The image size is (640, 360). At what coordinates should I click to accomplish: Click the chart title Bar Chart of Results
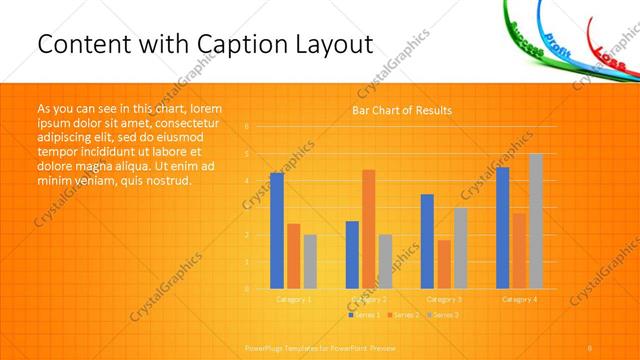pyautogui.click(x=401, y=110)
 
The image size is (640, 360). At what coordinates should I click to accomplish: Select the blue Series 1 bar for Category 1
pyautogui.click(x=277, y=230)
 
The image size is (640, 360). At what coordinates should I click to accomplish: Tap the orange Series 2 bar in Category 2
pyautogui.click(x=369, y=229)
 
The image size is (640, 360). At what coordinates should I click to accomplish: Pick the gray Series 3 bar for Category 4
pyautogui.click(x=536, y=221)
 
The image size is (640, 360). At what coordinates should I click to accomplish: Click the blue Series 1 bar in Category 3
pyautogui.click(x=427, y=241)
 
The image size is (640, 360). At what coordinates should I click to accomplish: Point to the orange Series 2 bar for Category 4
pyautogui.click(x=519, y=250)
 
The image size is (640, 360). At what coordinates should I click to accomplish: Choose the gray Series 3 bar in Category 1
pyautogui.click(x=310, y=261)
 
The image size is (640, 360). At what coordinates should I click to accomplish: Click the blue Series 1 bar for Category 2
pyautogui.click(x=352, y=254)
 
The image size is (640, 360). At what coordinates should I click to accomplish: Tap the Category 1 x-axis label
pyautogui.click(x=294, y=299)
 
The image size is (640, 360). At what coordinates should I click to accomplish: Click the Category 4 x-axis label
pyautogui.click(x=519, y=299)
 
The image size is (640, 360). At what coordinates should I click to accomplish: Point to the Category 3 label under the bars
pyautogui.click(x=444, y=299)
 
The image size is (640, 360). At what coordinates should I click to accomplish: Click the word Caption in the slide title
pyautogui.click(x=235, y=45)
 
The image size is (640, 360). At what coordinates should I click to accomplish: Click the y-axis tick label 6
pyautogui.click(x=247, y=127)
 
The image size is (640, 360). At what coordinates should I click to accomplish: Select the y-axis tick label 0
pyautogui.click(x=247, y=289)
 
